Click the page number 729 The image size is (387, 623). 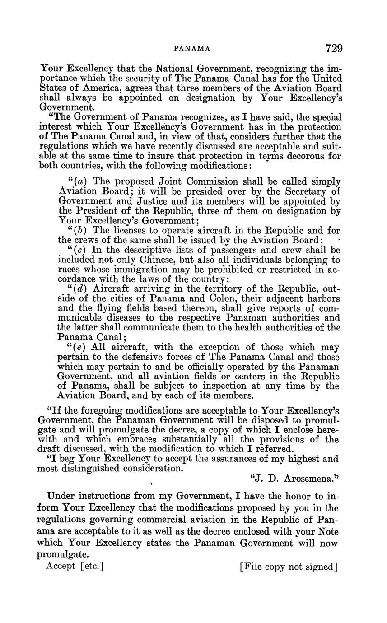[x=333, y=48]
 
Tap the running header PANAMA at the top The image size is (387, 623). [x=192, y=49]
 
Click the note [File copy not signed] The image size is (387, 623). [x=289, y=567]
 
